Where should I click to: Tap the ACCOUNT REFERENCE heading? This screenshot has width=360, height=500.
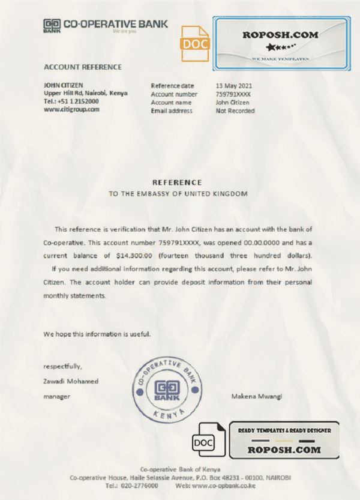click(x=83, y=67)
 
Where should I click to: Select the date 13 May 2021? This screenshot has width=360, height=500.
click(x=234, y=86)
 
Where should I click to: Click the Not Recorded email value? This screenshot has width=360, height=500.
click(x=235, y=111)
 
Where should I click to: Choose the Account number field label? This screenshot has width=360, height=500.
click(x=174, y=94)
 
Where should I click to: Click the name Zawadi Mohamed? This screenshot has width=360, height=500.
click(x=71, y=381)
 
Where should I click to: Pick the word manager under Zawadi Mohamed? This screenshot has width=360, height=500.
click(x=57, y=396)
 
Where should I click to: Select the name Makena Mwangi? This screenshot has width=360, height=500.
click(x=256, y=396)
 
